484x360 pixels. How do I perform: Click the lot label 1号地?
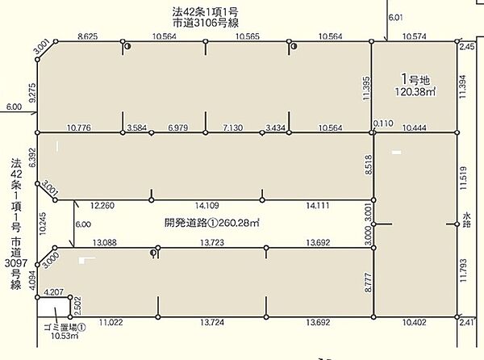(415, 79)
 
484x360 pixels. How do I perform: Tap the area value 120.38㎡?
(415, 92)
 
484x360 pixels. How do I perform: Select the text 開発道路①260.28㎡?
(212, 223)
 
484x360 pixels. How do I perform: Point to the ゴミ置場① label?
(65, 327)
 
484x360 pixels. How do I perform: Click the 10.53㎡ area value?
(65, 336)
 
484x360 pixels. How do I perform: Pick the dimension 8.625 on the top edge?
(88, 36)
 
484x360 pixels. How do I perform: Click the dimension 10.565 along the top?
(248, 36)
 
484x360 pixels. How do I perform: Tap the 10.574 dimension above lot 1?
(415, 36)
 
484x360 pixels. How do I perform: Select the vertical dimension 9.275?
(32, 93)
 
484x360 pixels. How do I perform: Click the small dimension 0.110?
(383, 123)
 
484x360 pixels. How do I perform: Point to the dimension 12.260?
(102, 206)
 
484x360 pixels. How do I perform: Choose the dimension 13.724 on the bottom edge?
(212, 322)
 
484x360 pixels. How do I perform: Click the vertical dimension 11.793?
(463, 270)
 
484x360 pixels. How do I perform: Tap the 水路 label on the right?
(467, 220)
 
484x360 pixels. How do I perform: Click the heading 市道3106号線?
(205, 23)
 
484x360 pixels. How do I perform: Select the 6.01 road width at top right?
(395, 18)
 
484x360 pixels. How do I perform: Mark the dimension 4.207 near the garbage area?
(54, 291)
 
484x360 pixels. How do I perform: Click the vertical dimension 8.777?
(368, 283)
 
